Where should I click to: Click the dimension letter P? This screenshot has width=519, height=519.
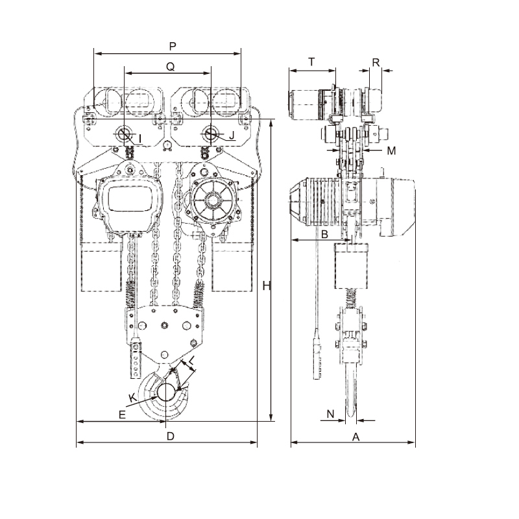coord(172,46)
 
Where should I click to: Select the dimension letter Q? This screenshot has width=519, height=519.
coord(170,66)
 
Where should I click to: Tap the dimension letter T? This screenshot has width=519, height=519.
coord(311,62)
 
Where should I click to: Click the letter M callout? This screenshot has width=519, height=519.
coord(391,151)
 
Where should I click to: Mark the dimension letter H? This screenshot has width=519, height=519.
coord(265,286)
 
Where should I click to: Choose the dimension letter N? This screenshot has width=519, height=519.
coord(330,413)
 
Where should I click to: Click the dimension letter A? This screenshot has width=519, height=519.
coord(356,437)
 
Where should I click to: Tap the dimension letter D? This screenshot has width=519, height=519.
coord(170,437)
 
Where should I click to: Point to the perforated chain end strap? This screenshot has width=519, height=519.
coord(136,359)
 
